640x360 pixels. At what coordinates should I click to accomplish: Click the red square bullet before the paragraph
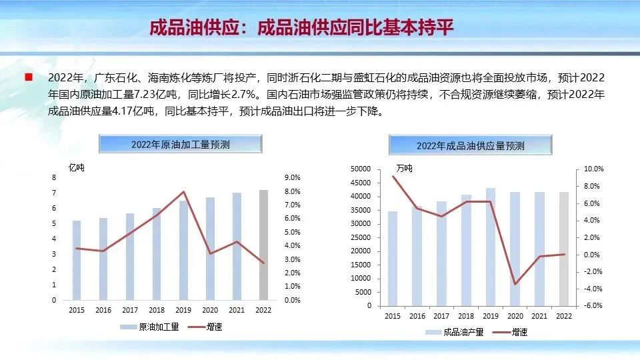(x=29, y=77)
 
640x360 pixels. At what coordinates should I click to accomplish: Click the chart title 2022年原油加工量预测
(x=180, y=144)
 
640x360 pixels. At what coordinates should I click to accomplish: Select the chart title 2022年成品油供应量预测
(x=470, y=145)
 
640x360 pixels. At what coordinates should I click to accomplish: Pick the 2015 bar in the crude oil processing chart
(x=77, y=261)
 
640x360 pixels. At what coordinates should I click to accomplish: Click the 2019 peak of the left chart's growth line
(x=183, y=192)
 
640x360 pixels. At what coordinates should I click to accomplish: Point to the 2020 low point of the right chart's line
(x=514, y=284)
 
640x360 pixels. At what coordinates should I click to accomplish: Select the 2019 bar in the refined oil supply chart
(x=490, y=247)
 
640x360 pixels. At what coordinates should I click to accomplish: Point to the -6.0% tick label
(x=593, y=306)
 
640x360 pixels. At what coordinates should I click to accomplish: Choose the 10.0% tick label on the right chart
(x=593, y=169)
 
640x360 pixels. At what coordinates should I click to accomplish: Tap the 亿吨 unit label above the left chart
(x=77, y=167)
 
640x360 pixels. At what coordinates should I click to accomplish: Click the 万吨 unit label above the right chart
(x=404, y=168)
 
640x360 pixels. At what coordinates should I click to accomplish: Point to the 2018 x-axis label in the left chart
(x=157, y=310)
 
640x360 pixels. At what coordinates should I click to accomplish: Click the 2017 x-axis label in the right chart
(x=441, y=315)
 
